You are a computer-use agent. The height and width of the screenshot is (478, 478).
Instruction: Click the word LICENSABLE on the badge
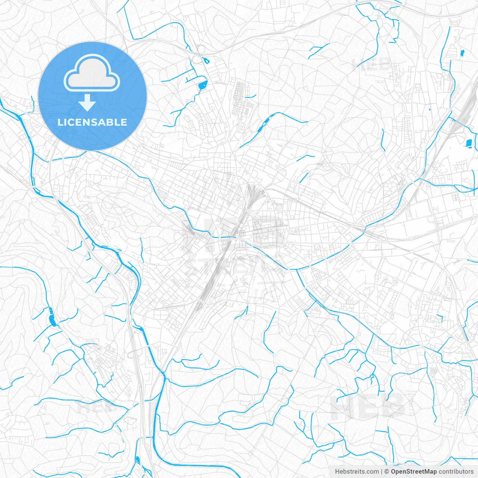92,122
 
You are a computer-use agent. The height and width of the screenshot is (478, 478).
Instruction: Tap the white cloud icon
92,73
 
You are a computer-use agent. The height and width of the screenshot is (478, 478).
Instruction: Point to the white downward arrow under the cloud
87,103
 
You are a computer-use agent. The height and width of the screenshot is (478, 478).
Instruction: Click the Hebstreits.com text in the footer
357,472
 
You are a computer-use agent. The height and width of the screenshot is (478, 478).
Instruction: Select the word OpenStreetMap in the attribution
414,472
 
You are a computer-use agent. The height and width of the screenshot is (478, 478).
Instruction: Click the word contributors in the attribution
456,472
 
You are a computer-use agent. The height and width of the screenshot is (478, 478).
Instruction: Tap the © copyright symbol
387,472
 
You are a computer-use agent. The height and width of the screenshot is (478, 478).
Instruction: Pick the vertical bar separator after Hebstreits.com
382,472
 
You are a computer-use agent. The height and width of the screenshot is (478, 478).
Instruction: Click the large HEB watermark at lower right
368,405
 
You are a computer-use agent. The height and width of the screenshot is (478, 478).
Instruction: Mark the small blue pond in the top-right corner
462,53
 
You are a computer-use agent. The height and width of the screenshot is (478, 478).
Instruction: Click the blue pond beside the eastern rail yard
469,142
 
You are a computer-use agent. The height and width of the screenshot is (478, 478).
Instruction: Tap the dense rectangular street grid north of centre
239,95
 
